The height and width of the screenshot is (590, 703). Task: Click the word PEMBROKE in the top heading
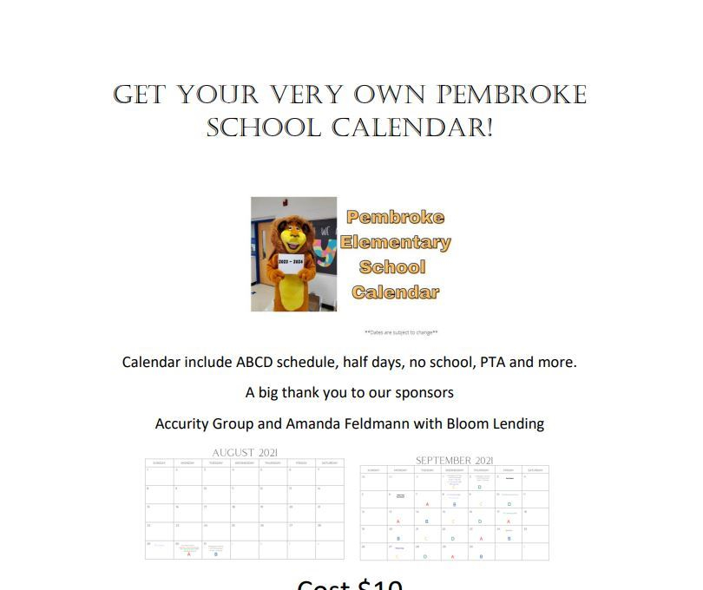[511, 95]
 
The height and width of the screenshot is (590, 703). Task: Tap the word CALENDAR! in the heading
[412, 128]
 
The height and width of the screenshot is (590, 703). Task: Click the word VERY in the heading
[312, 95]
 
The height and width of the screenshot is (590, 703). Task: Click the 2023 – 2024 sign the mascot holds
[292, 261]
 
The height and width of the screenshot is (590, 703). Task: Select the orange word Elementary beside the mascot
[396, 242]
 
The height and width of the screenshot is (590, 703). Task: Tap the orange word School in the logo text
[392, 267]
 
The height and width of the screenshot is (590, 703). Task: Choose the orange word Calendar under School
[395, 292]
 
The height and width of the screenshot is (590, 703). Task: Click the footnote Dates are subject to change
[401, 332]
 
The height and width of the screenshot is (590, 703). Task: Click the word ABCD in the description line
[257, 362]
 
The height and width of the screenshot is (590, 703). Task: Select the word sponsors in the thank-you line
[424, 392]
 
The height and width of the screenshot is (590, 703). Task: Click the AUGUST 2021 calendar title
[246, 453]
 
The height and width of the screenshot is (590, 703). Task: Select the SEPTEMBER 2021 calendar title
[455, 461]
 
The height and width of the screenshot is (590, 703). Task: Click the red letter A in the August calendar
[188, 554]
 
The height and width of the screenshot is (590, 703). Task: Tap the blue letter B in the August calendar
[215, 554]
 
